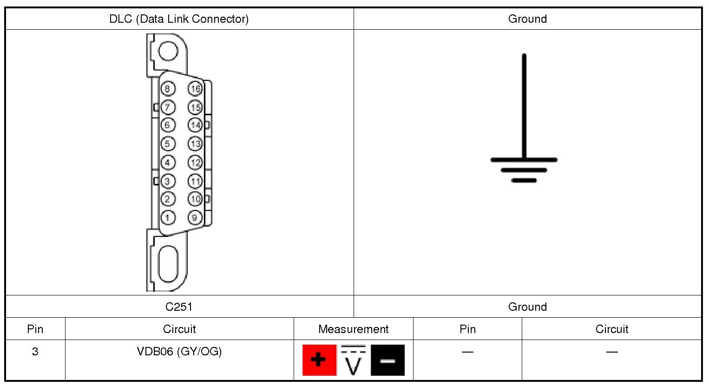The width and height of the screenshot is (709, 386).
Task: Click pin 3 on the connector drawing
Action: (168, 181)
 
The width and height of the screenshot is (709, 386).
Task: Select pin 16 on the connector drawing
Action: (195, 89)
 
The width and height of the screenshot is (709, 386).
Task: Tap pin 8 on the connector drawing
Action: (168, 89)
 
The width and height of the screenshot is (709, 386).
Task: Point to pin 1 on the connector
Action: (168, 217)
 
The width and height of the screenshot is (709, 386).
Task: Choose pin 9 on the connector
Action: (195, 217)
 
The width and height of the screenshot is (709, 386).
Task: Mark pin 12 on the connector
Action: (195, 163)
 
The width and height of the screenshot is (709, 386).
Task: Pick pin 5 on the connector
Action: (168, 144)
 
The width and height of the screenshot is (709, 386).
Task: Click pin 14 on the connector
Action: (195, 125)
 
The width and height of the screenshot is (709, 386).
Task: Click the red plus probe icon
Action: (319, 360)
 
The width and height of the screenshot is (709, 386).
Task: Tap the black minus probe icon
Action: (387, 360)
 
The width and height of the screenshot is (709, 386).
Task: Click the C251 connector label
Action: (179, 307)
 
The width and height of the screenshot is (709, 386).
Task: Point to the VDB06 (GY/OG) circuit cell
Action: (179, 352)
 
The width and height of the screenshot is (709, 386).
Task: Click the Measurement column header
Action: (353, 329)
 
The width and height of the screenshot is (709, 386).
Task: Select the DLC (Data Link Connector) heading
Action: (179, 19)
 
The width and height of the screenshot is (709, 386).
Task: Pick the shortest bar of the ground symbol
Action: (524, 180)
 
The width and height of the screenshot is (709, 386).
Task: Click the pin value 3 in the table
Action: (35, 352)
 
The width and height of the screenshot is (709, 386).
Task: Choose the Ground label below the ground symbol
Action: (527, 307)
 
